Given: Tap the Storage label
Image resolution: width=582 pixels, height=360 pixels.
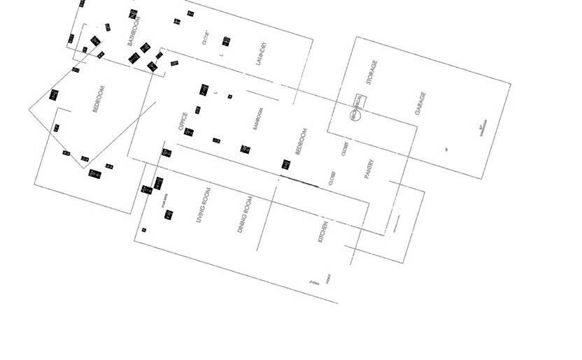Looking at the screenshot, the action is coord(372,73).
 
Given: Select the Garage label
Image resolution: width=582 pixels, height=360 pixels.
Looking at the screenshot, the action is coord(420,103).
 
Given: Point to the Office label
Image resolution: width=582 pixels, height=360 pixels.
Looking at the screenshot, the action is coord(183,122).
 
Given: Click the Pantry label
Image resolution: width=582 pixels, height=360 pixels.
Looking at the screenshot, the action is coord(370,169).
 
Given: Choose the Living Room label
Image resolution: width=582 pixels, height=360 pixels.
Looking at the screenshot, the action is coord(204,205).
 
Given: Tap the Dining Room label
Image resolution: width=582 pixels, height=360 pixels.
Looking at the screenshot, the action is coord(244,215).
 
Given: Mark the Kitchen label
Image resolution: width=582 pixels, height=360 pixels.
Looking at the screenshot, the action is coord(323,232).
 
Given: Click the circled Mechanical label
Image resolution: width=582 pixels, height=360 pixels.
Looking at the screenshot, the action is coord(355,108).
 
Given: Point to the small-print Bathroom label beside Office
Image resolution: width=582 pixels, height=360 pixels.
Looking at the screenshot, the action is coord(258,119).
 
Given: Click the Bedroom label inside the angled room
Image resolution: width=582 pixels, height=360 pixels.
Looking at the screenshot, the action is coord(99,99).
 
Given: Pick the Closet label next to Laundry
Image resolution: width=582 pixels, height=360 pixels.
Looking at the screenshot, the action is coord(206,37).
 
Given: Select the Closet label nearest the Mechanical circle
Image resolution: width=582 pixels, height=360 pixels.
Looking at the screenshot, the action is coord(345,149).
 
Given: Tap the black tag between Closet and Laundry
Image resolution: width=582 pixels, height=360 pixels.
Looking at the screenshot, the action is coord(226,41).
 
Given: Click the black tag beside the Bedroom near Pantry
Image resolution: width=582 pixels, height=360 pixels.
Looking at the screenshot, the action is coord(285,164).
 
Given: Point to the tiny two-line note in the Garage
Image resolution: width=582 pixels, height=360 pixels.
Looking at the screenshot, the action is coord(482,129).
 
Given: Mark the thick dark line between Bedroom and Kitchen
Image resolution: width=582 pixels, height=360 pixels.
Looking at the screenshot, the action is coord(299,182).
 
